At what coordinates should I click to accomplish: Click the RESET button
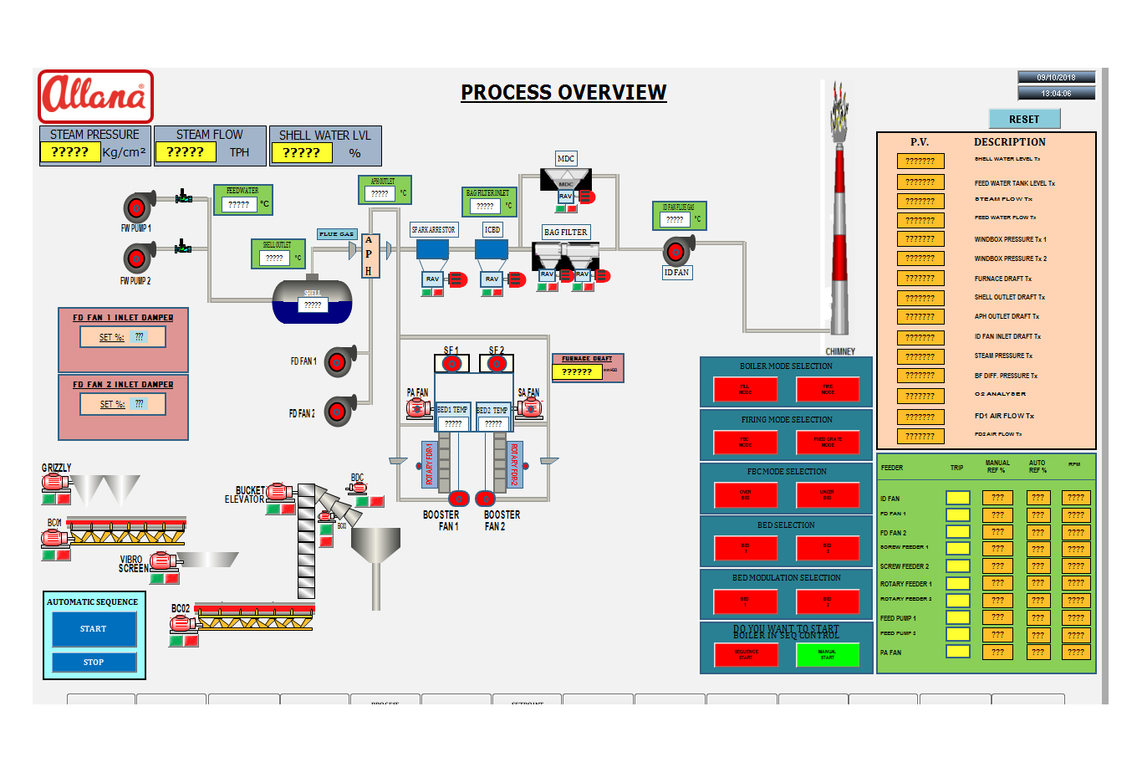(x=1024, y=119)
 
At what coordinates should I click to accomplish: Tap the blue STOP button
(x=94, y=662)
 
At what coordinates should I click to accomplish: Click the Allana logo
(x=95, y=96)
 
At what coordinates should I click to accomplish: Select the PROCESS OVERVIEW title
(x=563, y=92)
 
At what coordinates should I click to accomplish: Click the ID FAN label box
(x=676, y=273)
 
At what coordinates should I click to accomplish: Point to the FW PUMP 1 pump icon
(x=138, y=207)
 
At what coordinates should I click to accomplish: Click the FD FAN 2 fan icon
(x=339, y=411)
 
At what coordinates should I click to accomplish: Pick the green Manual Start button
(x=827, y=654)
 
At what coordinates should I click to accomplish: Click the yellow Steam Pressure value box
(x=70, y=151)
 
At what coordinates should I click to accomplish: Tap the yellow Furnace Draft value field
(x=577, y=371)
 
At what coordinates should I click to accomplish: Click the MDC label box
(x=566, y=158)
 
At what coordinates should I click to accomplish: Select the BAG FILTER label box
(x=565, y=232)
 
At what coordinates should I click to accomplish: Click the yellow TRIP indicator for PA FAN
(x=957, y=652)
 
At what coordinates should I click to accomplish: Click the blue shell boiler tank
(x=312, y=301)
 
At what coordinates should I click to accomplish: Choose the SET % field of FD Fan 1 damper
(x=123, y=337)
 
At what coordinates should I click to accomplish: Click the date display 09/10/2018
(x=1056, y=77)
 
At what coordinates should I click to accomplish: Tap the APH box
(x=369, y=255)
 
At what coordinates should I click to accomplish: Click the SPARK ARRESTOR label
(x=433, y=229)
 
